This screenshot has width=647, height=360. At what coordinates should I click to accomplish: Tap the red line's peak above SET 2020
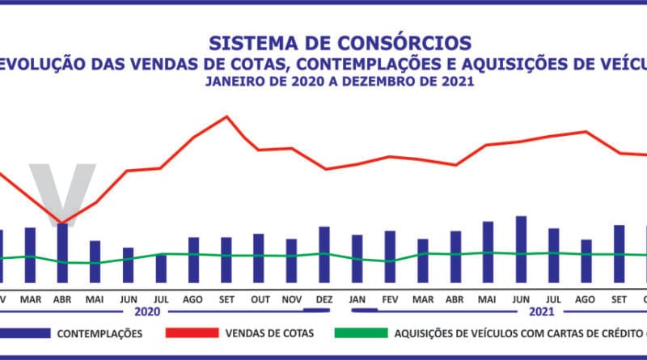pos(226,116)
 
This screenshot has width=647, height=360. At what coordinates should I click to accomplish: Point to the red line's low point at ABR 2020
pos(61,222)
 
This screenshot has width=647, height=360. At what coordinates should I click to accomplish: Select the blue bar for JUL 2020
pos(161,267)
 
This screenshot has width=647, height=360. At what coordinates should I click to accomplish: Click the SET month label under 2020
pos(226,299)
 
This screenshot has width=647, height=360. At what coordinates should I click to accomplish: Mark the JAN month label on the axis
pos(357,299)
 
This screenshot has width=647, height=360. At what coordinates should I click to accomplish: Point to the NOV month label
pos(291,299)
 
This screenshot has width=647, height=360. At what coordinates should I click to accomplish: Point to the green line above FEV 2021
pos(390,261)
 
